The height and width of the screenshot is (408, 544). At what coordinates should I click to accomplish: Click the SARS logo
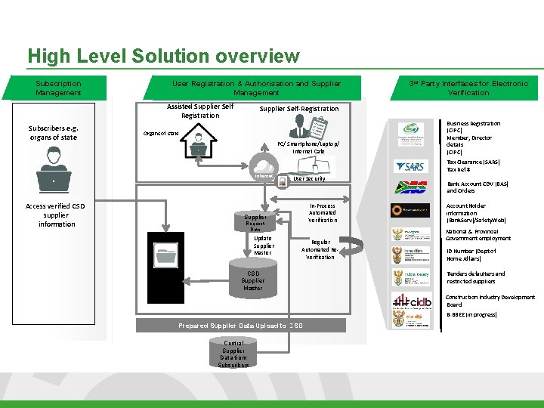[x=410, y=166]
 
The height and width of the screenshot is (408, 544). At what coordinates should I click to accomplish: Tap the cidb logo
[x=412, y=301]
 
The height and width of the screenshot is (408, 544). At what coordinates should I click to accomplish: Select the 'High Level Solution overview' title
[x=163, y=57]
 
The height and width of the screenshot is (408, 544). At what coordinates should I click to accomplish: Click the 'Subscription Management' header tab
[x=58, y=88]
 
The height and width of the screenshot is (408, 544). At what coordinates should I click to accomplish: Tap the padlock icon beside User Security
[x=282, y=180]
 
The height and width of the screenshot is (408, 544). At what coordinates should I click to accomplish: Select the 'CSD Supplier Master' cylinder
[x=253, y=280]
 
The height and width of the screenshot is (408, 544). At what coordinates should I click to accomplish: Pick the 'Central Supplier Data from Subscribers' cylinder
[x=233, y=353]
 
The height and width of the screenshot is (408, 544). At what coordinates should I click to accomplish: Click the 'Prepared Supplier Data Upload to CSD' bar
[x=241, y=326]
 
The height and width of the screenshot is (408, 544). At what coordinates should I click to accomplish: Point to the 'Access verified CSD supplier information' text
[x=57, y=215]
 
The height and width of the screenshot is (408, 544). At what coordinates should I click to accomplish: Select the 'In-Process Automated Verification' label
[x=322, y=212]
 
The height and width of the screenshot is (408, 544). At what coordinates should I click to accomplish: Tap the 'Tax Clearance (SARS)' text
[x=474, y=165]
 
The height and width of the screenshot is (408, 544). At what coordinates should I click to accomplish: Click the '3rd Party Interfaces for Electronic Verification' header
[x=468, y=88]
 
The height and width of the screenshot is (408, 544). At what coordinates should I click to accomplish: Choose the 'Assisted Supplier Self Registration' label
[x=200, y=111]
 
